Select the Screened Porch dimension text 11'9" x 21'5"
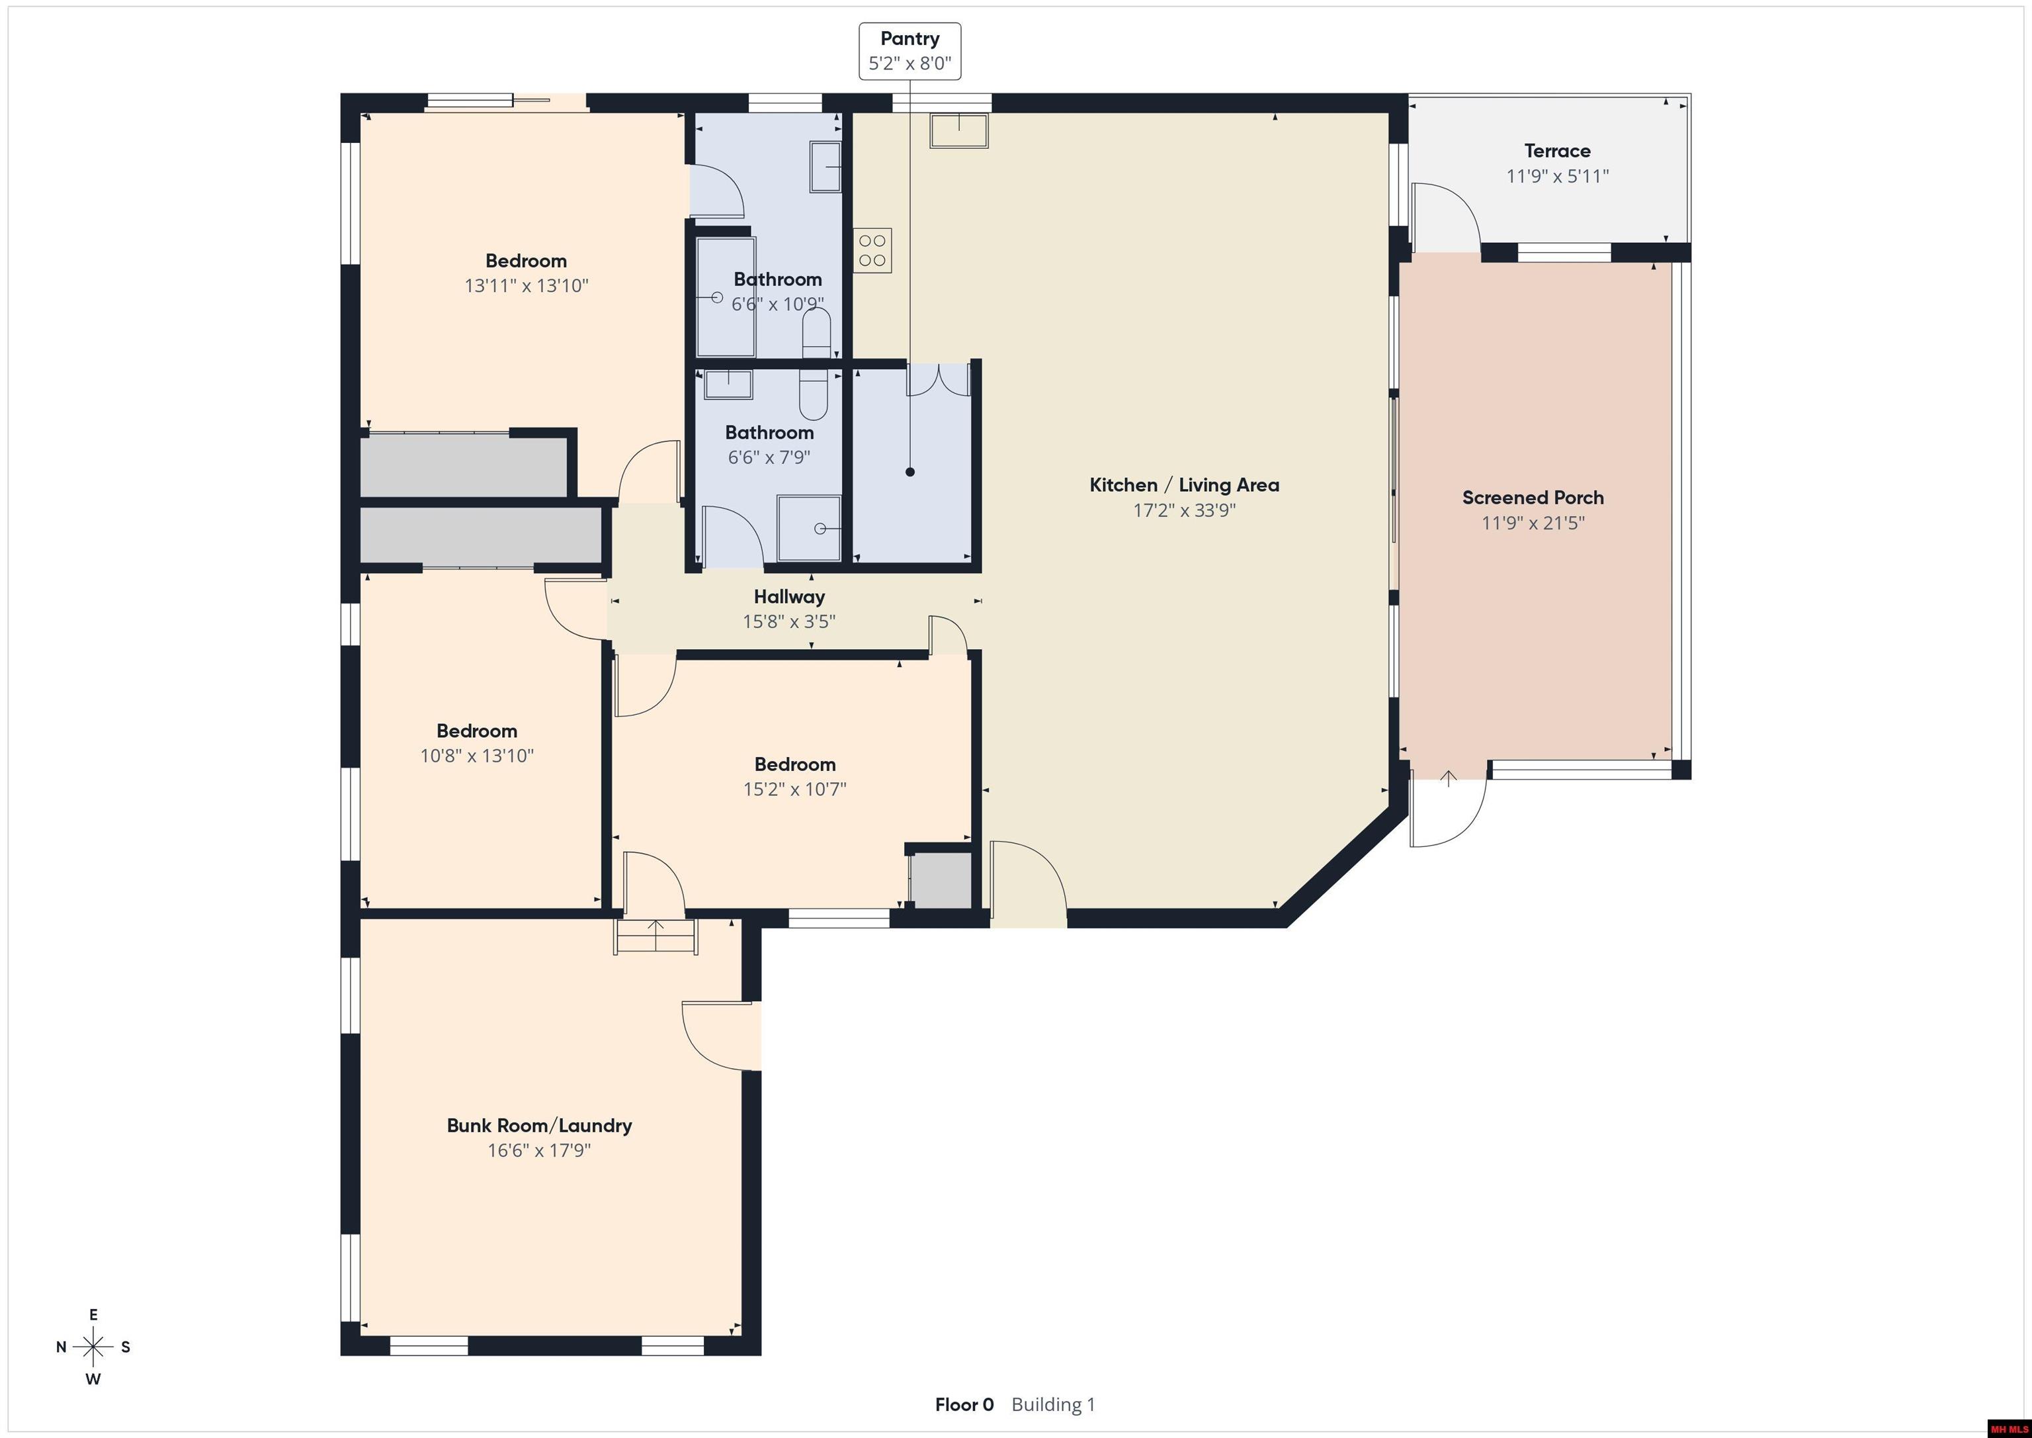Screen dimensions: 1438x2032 [1533, 522]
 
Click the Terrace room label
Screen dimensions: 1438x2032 [1557, 150]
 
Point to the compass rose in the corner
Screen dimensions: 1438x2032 [93, 1347]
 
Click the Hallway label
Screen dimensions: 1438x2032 [788, 597]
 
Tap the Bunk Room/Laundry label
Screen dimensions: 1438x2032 [539, 1126]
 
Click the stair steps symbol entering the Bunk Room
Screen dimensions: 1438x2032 [656, 936]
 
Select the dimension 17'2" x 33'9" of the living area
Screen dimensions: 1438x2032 [1184, 510]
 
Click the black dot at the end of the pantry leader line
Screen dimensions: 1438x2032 [910, 472]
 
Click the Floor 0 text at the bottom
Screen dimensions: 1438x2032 [964, 1404]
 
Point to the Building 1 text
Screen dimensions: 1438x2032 [1053, 1404]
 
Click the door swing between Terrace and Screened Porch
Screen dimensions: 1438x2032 [1445, 217]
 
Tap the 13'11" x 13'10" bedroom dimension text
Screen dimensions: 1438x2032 [526, 286]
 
